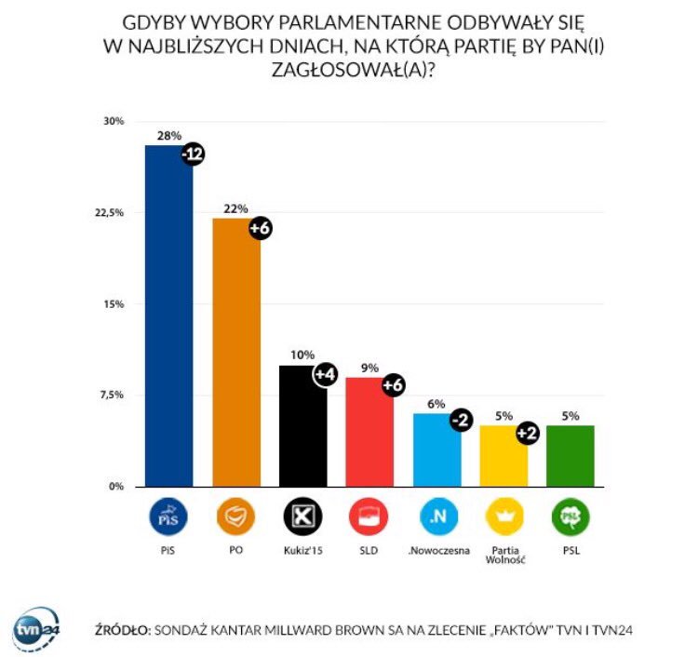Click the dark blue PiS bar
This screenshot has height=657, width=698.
(x=168, y=316)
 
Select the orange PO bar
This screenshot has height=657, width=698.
(x=236, y=352)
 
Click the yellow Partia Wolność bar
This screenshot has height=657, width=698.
(x=503, y=456)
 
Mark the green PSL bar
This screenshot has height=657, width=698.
(x=570, y=456)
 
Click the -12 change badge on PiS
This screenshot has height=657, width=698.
(x=193, y=155)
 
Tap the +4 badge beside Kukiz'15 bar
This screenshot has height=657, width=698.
(x=326, y=375)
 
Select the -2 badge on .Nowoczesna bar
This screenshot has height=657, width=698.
(x=460, y=421)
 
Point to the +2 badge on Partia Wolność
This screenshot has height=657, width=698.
(x=527, y=433)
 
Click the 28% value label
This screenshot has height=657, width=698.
(x=168, y=136)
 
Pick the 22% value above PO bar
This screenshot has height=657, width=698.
(x=236, y=208)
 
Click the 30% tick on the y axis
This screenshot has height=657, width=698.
(x=114, y=122)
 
